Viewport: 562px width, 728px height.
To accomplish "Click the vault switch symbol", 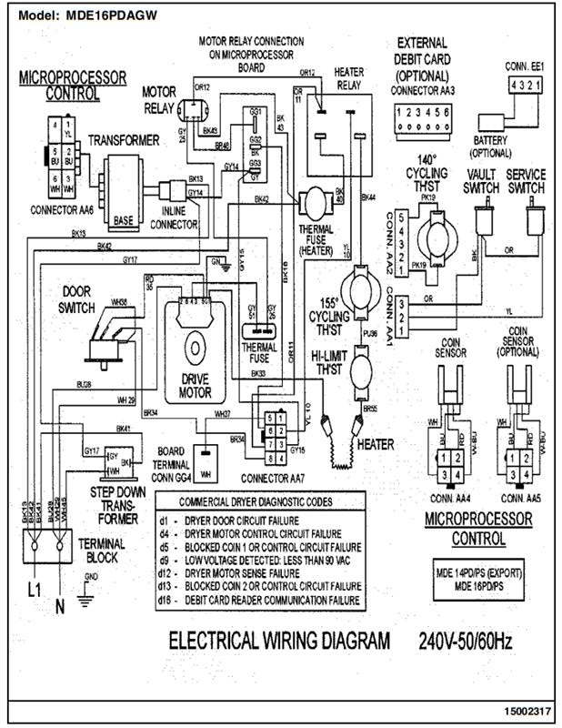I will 481,219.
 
